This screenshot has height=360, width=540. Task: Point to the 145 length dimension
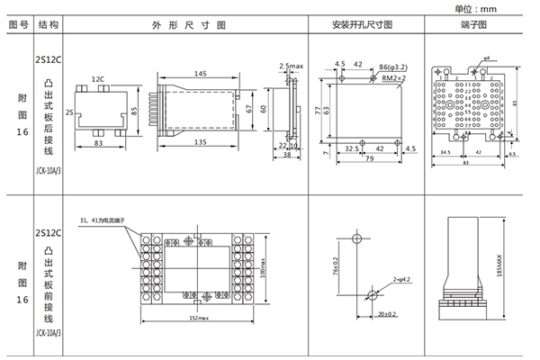(x=198, y=73)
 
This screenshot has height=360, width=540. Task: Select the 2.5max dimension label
(x=290, y=67)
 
